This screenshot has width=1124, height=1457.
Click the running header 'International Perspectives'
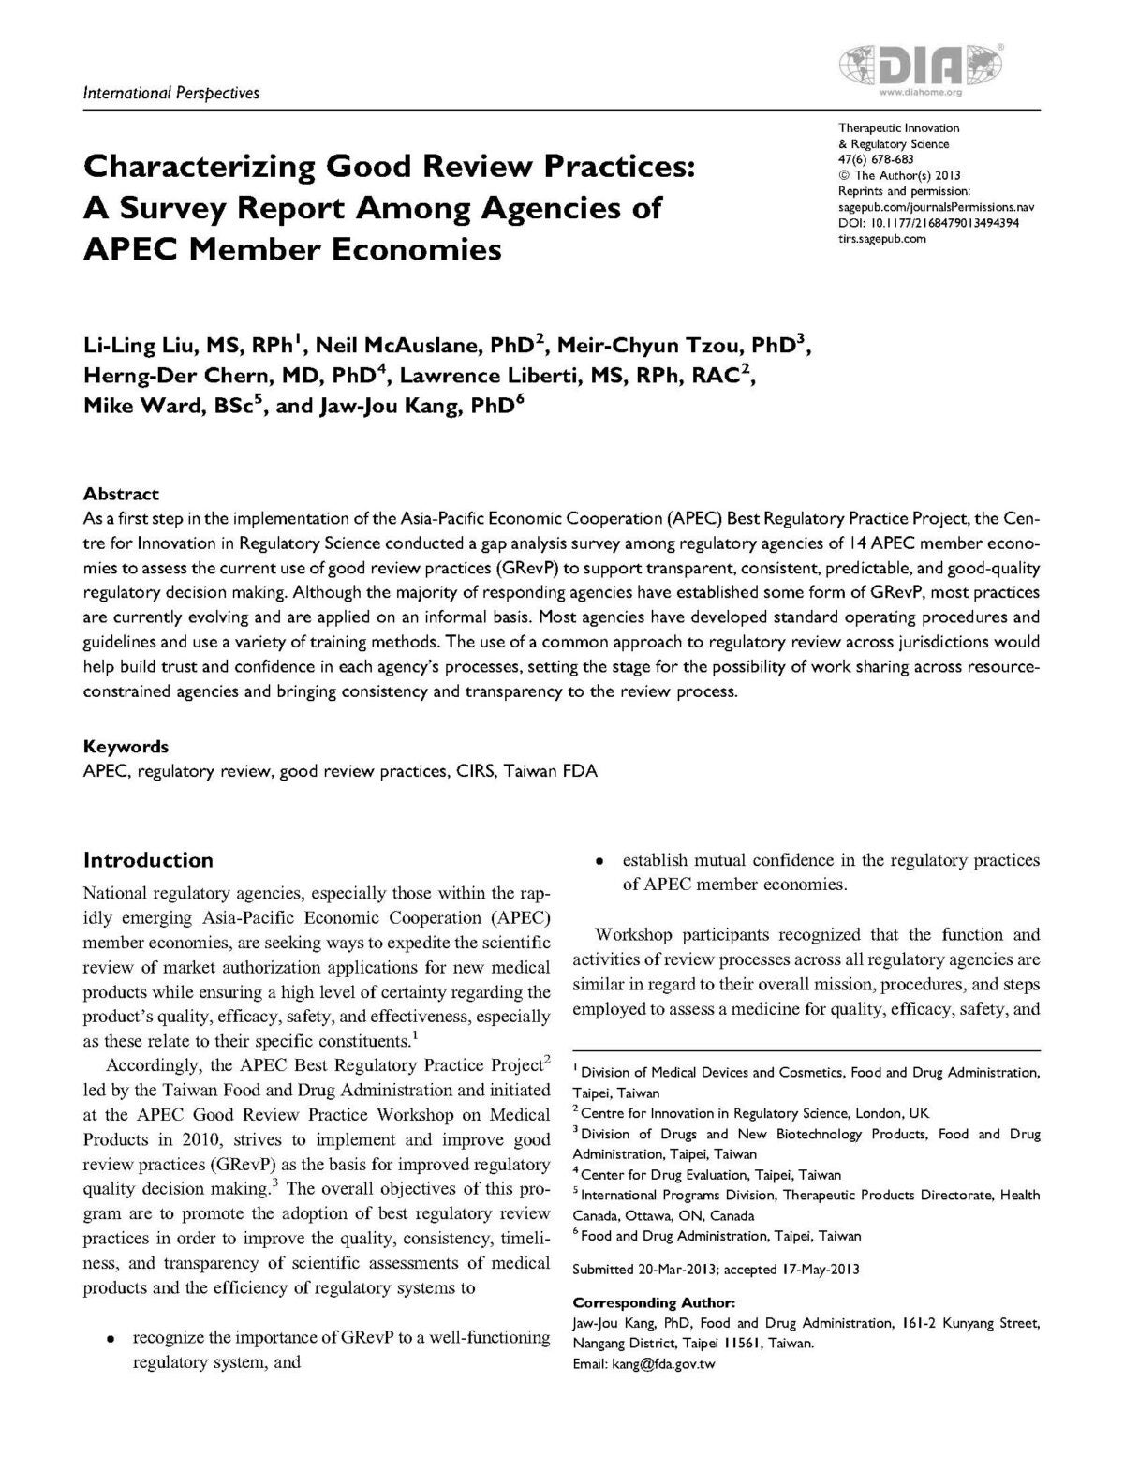click(x=171, y=93)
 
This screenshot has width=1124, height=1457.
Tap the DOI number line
click(x=928, y=223)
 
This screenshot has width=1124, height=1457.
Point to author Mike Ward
click(x=133, y=409)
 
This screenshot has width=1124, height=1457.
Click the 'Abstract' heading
click(x=121, y=494)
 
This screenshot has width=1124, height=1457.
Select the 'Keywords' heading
click(x=126, y=747)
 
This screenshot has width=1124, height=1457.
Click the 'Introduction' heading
click(x=148, y=860)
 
